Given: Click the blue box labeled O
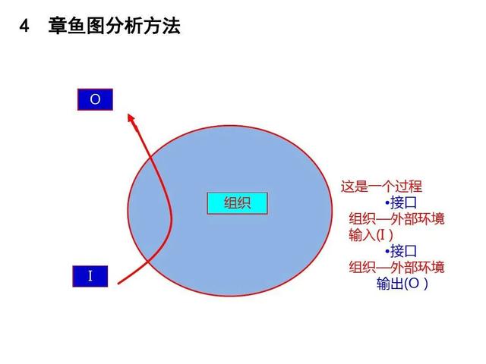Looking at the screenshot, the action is click(95, 99).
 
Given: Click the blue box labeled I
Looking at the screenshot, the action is click(90, 276).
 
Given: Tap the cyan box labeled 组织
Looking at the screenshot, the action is click(238, 203).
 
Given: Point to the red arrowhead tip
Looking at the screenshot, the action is click(128, 115).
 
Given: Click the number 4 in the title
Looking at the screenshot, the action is click(24, 26).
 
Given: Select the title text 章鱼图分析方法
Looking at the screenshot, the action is click(115, 26).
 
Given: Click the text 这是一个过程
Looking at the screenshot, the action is click(381, 187).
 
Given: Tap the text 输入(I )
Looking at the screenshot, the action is click(371, 235).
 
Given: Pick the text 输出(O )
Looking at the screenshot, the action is click(402, 283).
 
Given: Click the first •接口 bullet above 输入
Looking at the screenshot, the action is click(401, 202).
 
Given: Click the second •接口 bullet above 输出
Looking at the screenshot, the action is click(401, 251).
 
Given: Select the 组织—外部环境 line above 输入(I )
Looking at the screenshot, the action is click(396, 219).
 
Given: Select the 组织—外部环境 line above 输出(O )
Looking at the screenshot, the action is click(396, 267).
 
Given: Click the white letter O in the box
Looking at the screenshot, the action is click(95, 99).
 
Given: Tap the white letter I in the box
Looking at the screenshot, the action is click(90, 276).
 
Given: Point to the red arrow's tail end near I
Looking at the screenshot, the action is click(118, 283).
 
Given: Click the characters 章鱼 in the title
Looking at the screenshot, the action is click(67, 26).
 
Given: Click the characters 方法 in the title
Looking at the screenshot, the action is click(162, 26).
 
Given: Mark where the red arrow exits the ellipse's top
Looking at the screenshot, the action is click(151, 158).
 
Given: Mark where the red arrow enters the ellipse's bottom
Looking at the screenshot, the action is click(148, 263).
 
